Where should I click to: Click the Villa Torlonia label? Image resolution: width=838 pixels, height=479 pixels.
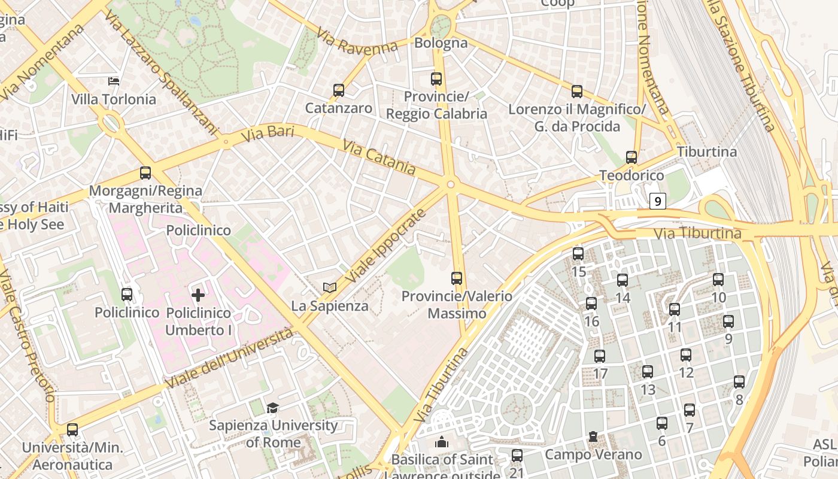click(x=114, y=99)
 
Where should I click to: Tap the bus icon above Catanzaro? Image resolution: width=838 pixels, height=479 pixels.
click(x=339, y=90)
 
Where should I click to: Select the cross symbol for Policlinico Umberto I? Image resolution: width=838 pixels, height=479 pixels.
click(x=198, y=295)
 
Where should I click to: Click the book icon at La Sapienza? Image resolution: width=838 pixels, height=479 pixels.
click(x=329, y=288)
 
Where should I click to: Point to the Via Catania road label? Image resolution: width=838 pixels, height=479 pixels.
click(x=379, y=157)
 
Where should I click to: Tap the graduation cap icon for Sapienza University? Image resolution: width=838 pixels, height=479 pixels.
click(x=273, y=408)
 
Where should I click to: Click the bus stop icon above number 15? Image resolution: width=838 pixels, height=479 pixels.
click(x=578, y=253)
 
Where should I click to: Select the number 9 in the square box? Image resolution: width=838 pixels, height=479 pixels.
click(x=658, y=201)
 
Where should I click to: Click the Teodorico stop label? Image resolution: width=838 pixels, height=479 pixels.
click(x=631, y=175)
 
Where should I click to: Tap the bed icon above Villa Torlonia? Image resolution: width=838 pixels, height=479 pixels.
click(x=114, y=81)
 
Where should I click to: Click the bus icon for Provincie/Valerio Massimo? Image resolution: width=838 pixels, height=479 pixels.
click(x=457, y=278)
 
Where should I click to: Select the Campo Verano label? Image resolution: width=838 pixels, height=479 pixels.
click(x=593, y=454)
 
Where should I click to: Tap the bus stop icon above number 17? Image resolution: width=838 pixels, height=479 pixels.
click(x=600, y=356)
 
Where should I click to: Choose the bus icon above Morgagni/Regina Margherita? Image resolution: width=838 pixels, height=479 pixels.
click(x=145, y=173)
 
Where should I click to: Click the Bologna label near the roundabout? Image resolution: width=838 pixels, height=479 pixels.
click(x=441, y=43)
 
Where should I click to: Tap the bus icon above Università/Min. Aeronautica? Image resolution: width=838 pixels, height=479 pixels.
click(x=72, y=429)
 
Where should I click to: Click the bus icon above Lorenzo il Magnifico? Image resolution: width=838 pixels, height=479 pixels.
click(x=577, y=92)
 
